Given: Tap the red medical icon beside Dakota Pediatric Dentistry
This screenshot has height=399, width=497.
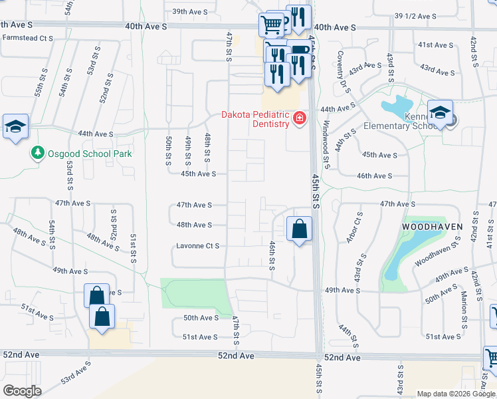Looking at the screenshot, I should point(300,118).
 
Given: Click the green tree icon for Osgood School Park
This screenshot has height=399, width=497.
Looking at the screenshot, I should point(38,154).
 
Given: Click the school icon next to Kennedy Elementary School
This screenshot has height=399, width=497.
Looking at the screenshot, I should point(440,114).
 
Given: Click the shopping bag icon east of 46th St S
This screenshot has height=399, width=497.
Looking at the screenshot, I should point(300,229).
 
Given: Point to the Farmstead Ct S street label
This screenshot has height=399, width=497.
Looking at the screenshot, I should point(27,38).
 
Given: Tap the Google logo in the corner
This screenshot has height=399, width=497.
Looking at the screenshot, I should point(22,391).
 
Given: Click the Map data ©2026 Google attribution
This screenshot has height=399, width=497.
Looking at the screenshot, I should point(455,394).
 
